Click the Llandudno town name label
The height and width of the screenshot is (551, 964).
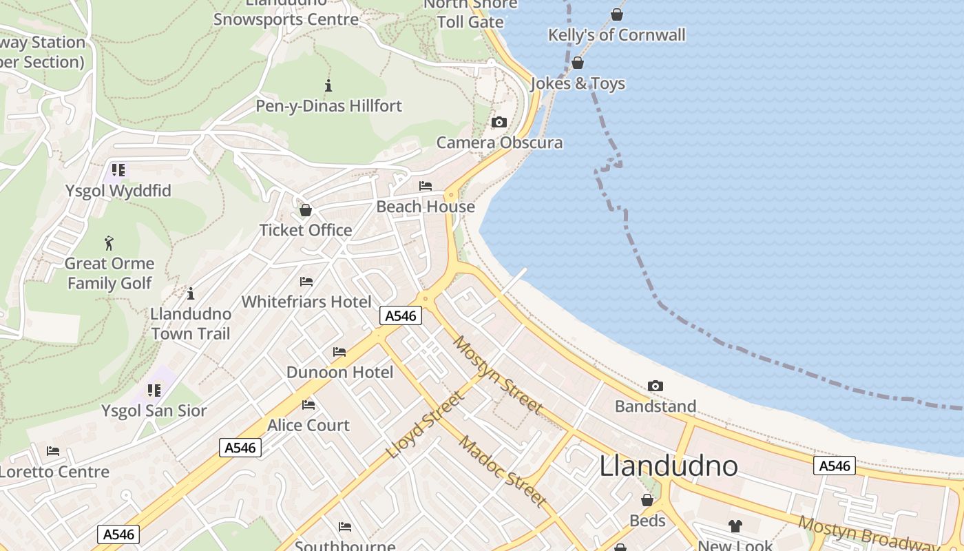668,466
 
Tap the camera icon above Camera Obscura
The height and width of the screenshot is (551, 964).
499,123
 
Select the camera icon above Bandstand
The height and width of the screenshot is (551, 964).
656,386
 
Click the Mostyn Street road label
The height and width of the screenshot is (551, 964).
497,375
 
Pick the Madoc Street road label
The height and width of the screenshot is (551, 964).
503,471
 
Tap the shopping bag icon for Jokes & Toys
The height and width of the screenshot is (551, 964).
578,63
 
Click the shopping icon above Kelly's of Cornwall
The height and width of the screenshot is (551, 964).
617,14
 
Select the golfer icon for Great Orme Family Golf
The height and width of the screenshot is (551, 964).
109,243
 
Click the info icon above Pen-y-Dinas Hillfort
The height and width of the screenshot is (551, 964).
328,86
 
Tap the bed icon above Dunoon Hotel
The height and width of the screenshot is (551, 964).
339,352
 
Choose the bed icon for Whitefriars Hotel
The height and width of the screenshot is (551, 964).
306,282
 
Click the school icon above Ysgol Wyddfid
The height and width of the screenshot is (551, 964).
118,170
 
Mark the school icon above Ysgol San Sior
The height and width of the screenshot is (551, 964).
154,391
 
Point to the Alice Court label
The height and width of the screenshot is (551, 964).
308,425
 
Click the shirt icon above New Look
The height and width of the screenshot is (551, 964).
735,526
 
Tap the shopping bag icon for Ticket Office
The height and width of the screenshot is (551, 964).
306,210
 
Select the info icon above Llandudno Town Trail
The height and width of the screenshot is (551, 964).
191,293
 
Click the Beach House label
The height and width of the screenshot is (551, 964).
426,207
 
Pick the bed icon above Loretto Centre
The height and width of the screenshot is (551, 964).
53,452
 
